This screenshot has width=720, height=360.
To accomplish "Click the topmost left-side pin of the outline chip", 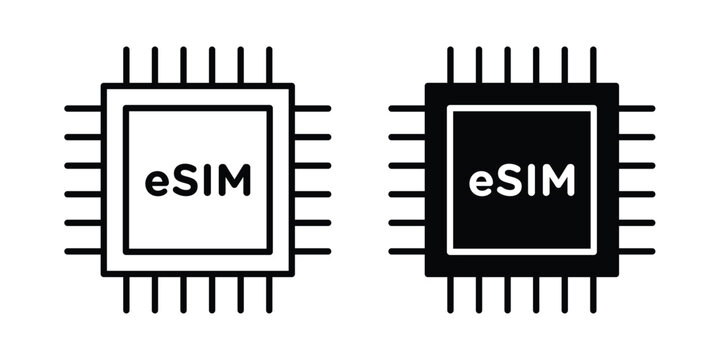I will [x=82, y=107].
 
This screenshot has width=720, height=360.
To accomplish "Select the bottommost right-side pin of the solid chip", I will [x=637, y=251].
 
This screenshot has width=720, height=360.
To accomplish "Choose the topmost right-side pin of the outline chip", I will [x=313, y=107].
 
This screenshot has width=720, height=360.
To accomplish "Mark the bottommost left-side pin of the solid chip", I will [x=406, y=251].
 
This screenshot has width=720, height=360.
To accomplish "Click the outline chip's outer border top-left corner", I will [x=103, y=86].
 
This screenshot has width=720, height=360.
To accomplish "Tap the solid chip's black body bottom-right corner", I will [x=617, y=274].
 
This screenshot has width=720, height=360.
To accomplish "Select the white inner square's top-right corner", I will [x=594, y=108].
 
